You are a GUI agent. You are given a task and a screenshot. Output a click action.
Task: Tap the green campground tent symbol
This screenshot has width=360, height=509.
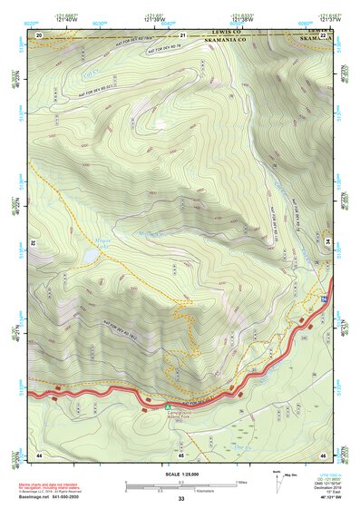pos(167,405)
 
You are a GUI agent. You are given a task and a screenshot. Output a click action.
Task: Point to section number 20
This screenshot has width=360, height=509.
pos(39,34)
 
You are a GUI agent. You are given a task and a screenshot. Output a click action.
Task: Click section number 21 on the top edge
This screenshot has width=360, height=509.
pos(182,34)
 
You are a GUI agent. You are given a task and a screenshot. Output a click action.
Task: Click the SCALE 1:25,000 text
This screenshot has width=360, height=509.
pos(180,474)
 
